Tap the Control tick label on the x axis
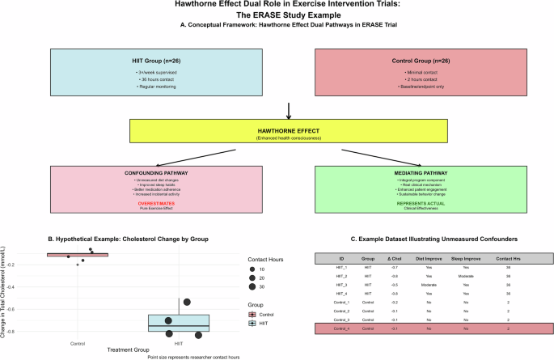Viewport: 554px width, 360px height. pyautogui.click(x=78, y=343)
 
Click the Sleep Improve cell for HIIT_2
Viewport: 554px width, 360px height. pyautogui.click(x=466, y=276)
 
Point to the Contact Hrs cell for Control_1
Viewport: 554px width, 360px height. pyautogui.click(x=507, y=303)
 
